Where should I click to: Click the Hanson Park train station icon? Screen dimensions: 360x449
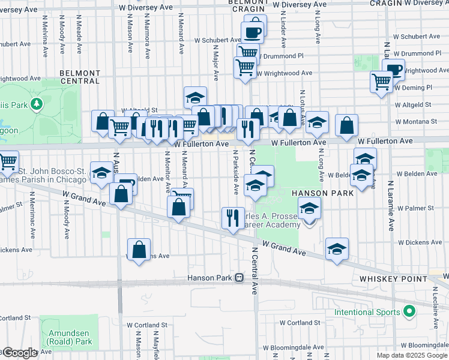coord(240,278)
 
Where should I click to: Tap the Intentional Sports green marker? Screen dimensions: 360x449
coord(409,311)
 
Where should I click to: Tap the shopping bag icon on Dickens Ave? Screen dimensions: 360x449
coord(139,250)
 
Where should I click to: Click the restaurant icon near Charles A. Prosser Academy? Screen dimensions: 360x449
coord(233,218)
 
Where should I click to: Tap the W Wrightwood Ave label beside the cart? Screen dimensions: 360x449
coord(284,73)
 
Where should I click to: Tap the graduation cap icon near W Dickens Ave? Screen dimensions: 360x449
coord(337,248)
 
